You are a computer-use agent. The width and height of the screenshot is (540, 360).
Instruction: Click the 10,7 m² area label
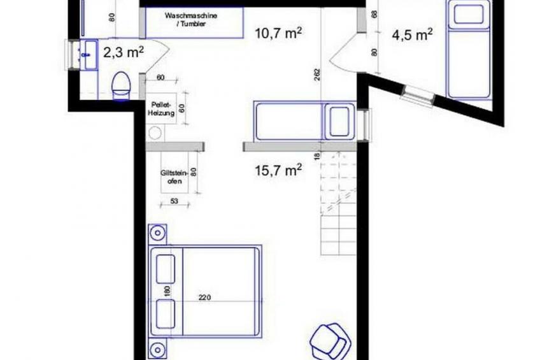tap(278, 33)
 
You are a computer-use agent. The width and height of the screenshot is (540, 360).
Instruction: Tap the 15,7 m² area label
tap(278, 170)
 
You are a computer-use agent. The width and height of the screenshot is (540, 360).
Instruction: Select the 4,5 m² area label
tap(412, 35)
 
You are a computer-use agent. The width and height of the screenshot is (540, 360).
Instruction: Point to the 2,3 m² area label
tap(124, 53)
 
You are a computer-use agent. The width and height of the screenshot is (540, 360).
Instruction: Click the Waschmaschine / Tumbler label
tap(191, 20)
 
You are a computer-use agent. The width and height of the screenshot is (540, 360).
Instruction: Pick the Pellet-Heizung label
tap(161, 108)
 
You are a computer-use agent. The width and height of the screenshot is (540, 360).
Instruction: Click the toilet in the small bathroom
tap(121, 86)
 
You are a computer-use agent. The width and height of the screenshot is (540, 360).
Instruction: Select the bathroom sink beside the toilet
tap(89, 54)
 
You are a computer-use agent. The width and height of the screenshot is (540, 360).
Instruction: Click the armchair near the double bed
tap(329, 342)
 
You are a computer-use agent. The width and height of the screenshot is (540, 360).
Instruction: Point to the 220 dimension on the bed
tap(204, 298)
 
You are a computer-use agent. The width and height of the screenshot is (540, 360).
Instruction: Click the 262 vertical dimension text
tap(317, 75)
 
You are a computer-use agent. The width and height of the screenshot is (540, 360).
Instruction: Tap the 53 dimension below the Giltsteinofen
tap(174, 201)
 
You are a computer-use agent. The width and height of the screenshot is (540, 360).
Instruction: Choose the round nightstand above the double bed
tap(158, 234)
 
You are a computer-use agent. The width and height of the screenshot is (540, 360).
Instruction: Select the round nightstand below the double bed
tap(158, 350)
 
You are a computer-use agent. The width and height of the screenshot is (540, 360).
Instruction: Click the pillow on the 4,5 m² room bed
tap(468, 15)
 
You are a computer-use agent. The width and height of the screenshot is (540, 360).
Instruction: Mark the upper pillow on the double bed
tap(166, 269)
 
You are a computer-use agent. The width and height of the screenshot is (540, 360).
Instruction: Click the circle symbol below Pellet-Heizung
tap(155, 133)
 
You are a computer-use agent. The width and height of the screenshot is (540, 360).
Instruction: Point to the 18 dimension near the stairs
tap(317, 156)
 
